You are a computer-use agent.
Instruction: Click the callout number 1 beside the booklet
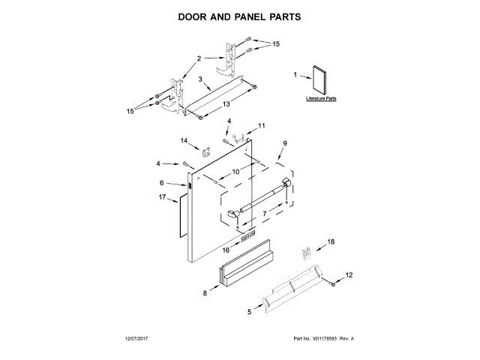tap(295, 74)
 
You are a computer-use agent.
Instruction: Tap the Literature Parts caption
tap(322, 98)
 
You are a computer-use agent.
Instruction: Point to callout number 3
tap(200, 79)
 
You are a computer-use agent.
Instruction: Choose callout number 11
tap(261, 125)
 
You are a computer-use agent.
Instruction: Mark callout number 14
tap(184, 140)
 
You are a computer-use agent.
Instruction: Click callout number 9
tap(284, 143)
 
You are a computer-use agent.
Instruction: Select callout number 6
tap(161, 182)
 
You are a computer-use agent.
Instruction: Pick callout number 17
tap(162, 197)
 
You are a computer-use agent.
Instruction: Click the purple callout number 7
tap(263, 214)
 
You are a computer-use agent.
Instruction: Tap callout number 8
tap(204, 294)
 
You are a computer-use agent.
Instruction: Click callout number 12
tap(348, 275)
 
